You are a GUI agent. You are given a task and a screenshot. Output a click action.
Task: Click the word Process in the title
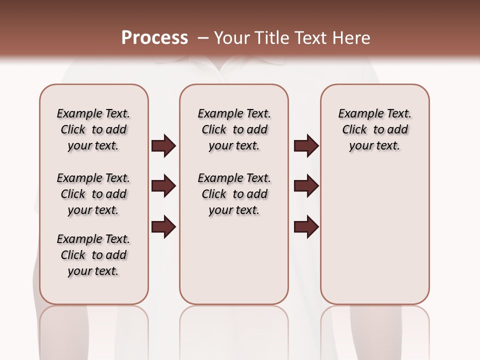point(154,37)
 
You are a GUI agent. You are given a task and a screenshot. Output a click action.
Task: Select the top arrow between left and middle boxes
point(163,146)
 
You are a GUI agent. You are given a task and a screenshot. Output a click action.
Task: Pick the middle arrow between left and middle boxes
point(163,186)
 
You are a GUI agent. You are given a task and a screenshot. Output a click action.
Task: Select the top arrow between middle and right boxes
point(306,146)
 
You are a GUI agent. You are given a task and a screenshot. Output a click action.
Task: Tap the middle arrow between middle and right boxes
point(306,186)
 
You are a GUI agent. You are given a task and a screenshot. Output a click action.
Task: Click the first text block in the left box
point(93,129)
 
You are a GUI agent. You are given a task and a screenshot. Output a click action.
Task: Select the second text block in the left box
point(93,194)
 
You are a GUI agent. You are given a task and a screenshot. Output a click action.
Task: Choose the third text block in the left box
point(93,255)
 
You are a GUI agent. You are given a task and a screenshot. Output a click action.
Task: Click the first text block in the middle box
point(234,129)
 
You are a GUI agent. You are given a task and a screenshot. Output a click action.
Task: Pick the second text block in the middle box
point(234,194)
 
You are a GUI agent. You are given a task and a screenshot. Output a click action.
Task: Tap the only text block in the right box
point(374,129)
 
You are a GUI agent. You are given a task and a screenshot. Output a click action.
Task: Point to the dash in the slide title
point(203,37)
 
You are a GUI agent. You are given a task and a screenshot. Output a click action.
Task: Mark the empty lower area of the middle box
point(234,260)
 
